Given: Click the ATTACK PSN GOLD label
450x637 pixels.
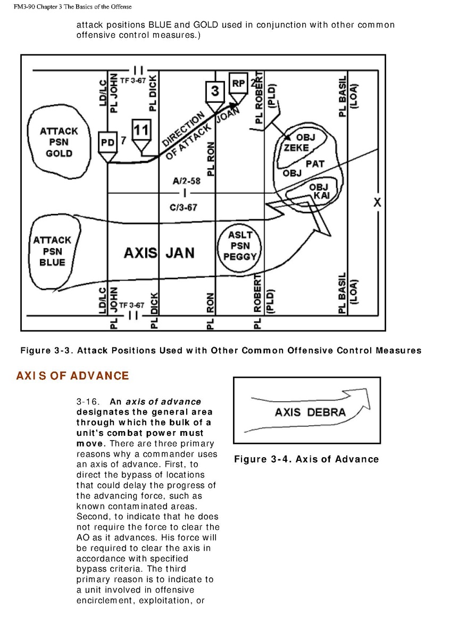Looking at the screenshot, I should coord(59,142).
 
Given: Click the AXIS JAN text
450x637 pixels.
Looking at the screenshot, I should coord(159,253).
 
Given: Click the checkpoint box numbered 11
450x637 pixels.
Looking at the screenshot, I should coord(141,130).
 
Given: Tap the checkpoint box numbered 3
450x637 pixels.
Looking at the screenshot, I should coord(214,91).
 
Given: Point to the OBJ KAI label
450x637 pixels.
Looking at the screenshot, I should coord(320,191).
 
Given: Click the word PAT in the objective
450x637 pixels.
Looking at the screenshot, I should coord(314,164).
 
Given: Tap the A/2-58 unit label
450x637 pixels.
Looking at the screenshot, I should coord(186,181).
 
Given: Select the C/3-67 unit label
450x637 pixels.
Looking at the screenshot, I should coord(184,207).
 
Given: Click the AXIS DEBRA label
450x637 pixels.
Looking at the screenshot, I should coord(310,412).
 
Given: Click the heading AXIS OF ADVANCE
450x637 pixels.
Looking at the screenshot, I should coord(72,376).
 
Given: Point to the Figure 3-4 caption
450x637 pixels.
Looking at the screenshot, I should coord(306,459).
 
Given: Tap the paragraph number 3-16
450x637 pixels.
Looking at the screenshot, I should coord(88,401).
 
